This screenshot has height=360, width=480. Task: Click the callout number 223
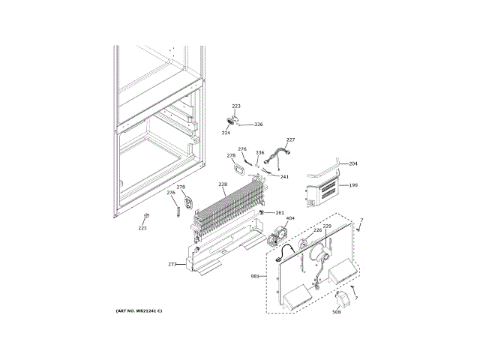(235, 106)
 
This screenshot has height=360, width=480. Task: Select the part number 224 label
(225, 133)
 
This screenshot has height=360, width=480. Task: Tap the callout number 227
(290, 139)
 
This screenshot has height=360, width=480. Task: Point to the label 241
(284, 177)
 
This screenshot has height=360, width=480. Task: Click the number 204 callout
(353, 163)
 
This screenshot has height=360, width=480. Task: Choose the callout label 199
(353, 184)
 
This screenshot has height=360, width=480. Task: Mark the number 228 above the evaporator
(223, 184)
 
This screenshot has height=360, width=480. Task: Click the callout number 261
(280, 213)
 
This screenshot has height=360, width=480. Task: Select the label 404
(290, 219)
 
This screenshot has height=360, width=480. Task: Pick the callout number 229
(326, 226)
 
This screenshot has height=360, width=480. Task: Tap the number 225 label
(142, 228)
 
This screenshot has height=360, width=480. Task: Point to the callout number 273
(172, 264)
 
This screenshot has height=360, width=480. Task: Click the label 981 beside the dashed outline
(254, 277)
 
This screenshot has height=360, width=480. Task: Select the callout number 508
(336, 313)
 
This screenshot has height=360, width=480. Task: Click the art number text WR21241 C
(139, 310)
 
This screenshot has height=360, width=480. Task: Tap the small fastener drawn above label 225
(144, 217)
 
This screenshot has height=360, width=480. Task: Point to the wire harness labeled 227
(281, 156)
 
